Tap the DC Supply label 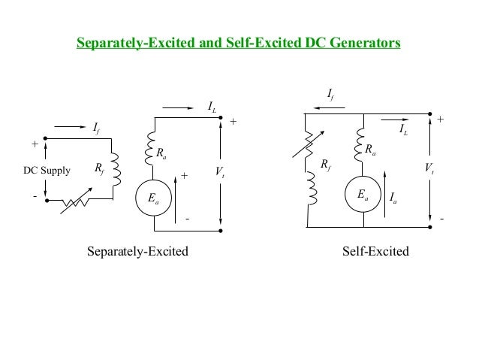[47, 171]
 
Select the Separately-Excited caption [137, 251]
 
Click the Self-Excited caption [375, 251]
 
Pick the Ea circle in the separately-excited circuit [153, 198]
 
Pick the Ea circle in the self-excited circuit [363, 195]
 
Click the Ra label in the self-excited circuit [371, 150]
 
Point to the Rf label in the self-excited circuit [325, 162]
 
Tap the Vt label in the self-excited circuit [428, 169]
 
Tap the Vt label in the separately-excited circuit [219, 171]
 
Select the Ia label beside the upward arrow [394, 198]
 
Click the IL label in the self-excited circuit [403, 130]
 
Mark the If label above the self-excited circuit [330, 95]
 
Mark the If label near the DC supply [95, 129]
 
